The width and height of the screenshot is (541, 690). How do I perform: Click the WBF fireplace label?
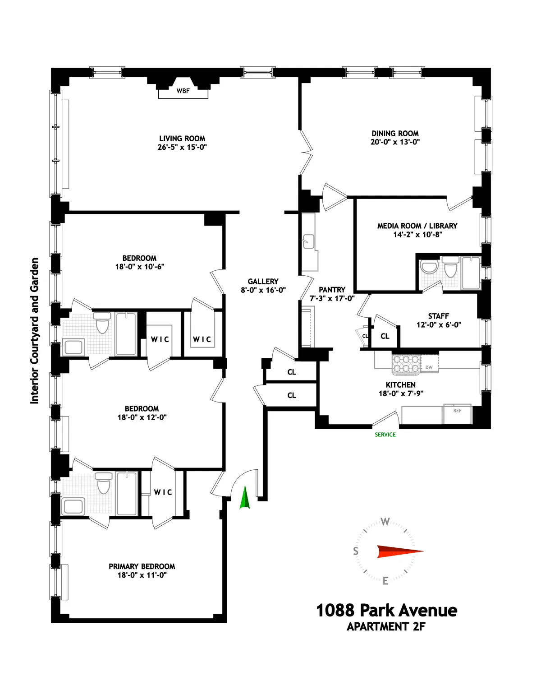tap(183, 91)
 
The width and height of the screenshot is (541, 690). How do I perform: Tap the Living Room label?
tap(182, 139)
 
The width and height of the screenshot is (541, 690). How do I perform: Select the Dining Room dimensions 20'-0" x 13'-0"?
tap(395, 142)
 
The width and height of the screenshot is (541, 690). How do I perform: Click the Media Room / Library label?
tap(417, 226)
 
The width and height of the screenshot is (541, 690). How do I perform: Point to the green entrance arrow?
tap(244, 498)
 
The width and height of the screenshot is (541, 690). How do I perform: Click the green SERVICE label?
tap(385, 435)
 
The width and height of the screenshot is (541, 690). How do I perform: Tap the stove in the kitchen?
tap(406, 364)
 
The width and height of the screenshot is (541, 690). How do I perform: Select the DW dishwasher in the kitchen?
tap(429, 367)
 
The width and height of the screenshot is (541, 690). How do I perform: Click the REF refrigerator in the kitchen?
tap(457, 411)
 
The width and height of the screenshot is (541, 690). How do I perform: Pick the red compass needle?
tap(399, 551)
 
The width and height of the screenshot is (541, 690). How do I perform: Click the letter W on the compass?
tap(385, 522)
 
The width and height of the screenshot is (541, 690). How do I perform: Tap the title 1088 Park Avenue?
tap(386, 611)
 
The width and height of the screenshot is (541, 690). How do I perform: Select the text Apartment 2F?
tap(386, 627)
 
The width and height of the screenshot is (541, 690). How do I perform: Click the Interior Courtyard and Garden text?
tap(35, 331)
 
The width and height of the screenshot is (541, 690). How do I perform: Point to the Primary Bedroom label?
tap(142, 566)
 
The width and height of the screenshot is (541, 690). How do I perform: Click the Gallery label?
tap(263, 281)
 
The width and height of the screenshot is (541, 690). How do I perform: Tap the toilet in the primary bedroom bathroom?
tap(104, 484)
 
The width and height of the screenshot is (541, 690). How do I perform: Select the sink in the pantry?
tap(309, 241)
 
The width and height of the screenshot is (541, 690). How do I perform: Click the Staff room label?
tap(438, 316)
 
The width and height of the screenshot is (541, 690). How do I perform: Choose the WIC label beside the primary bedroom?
tap(163, 492)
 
